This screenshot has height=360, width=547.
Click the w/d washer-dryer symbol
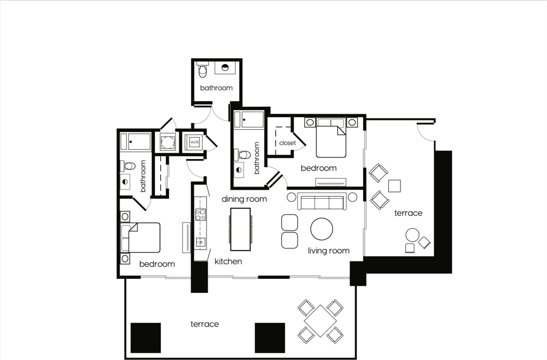point(194,141)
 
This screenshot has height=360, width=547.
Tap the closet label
point(287,143)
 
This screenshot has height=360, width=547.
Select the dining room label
point(244,199)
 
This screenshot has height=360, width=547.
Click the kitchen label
point(228,261)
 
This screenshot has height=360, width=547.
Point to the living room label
point(329,251)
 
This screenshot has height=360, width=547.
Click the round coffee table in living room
point(321,229)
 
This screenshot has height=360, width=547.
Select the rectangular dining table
point(240,229)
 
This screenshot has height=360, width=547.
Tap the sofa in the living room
point(322,202)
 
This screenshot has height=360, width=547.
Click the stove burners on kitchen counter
point(200,214)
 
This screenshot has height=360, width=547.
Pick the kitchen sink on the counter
point(200,243)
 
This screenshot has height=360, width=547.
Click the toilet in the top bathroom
point(202,71)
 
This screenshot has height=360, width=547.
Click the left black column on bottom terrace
point(146,337)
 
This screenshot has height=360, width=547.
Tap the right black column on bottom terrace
point(270,337)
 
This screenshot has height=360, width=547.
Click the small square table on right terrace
point(394,186)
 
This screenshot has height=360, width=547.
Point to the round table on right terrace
point(412,235)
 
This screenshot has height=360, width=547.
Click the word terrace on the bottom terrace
point(205,324)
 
